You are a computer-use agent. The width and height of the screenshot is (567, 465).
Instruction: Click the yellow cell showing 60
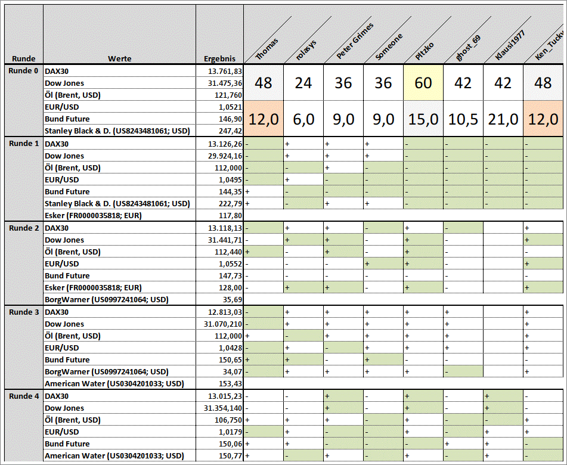[423, 83]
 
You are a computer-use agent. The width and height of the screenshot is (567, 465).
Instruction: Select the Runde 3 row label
[24, 312]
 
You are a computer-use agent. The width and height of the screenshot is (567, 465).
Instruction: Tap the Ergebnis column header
[219, 58]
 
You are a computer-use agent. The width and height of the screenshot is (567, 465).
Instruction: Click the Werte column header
[119, 58]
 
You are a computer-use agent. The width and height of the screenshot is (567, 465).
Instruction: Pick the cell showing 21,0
[503, 119]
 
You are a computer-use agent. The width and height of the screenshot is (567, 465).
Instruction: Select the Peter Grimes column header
[354, 42]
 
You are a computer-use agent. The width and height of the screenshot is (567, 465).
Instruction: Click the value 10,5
[463, 119]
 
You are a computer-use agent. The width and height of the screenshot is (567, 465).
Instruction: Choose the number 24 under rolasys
[303, 83]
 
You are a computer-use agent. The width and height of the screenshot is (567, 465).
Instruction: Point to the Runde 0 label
[24, 70]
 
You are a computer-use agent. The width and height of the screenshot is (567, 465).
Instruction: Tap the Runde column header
[24, 58]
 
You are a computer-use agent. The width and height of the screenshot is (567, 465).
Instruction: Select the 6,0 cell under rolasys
[303, 119]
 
